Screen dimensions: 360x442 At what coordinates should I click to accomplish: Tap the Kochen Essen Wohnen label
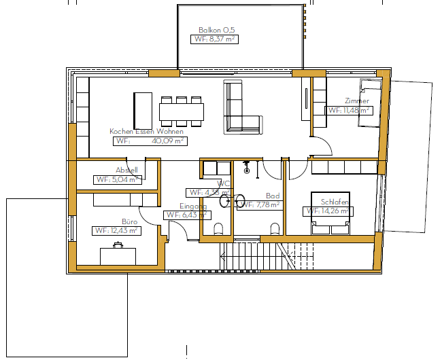[x=146, y=131]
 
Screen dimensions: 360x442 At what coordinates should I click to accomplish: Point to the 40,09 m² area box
[x=150, y=141]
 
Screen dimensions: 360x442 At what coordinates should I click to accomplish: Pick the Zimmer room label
[x=357, y=101]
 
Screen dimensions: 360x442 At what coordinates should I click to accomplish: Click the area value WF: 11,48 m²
[x=349, y=110]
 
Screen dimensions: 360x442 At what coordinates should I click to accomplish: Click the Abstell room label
[x=126, y=170]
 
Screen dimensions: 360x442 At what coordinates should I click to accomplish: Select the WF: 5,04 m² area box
[x=117, y=180]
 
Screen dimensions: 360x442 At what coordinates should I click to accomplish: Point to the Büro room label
[x=129, y=221]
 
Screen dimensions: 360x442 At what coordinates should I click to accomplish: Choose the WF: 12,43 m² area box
[x=116, y=231]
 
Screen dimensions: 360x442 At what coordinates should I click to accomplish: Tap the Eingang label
[x=193, y=206]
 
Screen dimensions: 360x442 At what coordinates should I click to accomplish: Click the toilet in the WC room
[x=217, y=229]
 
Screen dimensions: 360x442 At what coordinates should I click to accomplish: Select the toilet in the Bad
[x=275, y=228]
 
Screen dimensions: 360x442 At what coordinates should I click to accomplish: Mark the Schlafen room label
[x=335, y=202]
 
